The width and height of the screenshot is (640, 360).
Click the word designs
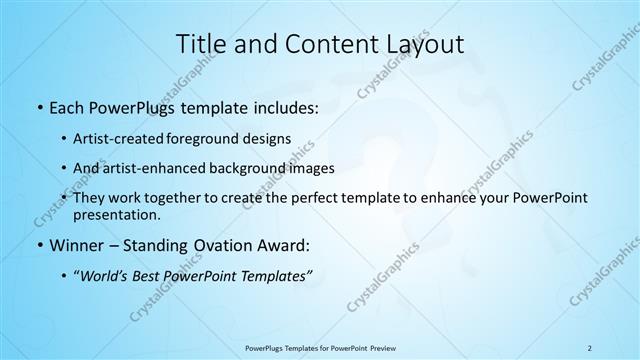tap(270, 138)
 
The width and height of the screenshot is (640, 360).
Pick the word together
tap(186, 198)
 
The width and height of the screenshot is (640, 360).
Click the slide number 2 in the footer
tap(589, 347)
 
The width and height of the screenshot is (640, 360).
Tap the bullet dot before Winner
tap(38, 245)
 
